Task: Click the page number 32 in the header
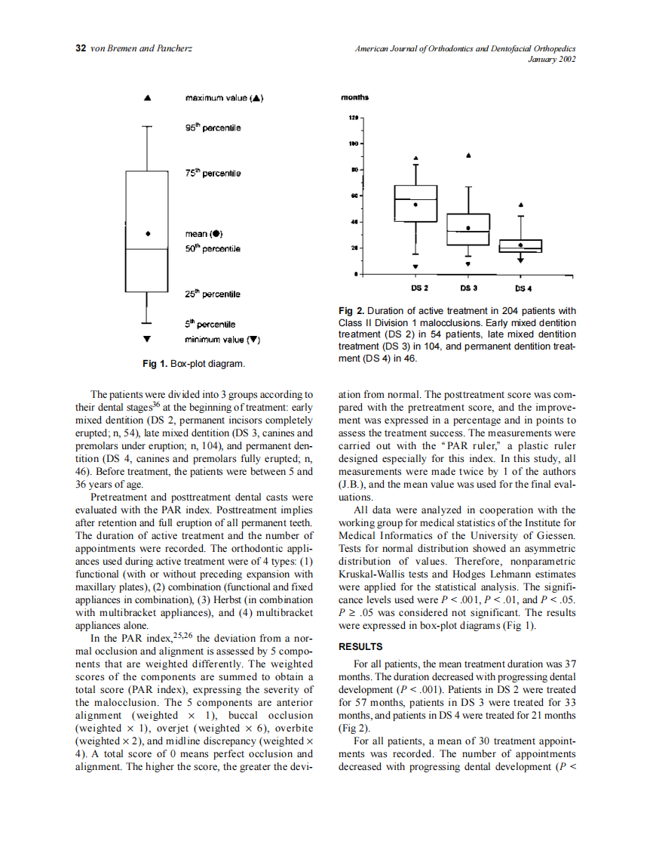pyautogui.click(x=81, y=49)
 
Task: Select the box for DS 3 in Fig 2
pyautogui.click(x=468, y=229)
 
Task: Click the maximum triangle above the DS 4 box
pyautogui.click(x=521, y=204)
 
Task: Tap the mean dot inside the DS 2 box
pyautogui.click(x=415, y=204)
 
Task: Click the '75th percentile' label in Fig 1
pyautogui.click(x=213, y=174)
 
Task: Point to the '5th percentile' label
pyautogui.click(x=210, y=325)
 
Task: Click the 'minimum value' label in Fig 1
pyautogui.click(x=222, y=340)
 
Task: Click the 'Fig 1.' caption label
pyautogui.click(x=155, y=365)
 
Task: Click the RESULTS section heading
pyautogui.click(x=361, y=647)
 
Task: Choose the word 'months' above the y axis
pyautogui.click(x=354, y=98)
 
